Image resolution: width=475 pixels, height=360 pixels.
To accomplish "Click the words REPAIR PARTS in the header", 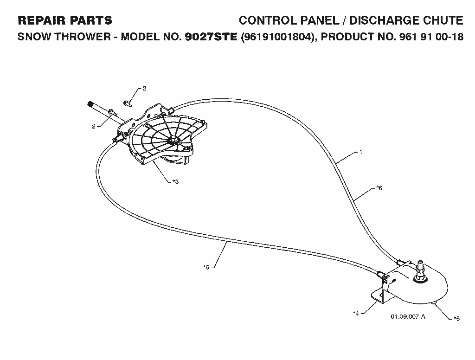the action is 65,20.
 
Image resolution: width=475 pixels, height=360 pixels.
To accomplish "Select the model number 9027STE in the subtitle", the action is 211,37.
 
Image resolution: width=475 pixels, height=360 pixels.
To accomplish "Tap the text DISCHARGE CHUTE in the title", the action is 406,20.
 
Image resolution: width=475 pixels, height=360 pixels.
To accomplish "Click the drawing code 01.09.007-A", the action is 408,317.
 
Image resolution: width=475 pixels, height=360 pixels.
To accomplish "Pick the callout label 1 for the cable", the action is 361,152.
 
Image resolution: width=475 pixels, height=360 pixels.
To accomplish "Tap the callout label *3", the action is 175,182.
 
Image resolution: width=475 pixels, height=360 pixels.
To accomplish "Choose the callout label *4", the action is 356,313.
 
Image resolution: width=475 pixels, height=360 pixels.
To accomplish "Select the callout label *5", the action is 456,319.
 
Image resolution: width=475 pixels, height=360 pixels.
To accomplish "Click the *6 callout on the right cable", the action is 379,188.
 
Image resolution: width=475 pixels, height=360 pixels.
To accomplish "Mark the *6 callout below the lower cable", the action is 206,267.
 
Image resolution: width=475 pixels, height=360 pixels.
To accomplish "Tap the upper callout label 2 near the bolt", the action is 145,89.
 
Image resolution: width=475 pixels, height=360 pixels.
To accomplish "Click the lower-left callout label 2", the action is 94,126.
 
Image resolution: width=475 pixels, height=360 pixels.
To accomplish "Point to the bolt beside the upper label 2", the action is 128,103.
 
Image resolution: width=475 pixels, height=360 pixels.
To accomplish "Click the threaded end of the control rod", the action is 90,105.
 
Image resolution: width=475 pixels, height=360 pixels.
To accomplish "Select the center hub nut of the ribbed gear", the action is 174,141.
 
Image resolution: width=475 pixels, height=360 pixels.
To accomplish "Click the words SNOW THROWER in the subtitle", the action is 64,37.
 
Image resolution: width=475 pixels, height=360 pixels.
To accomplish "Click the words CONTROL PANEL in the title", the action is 289,20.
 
